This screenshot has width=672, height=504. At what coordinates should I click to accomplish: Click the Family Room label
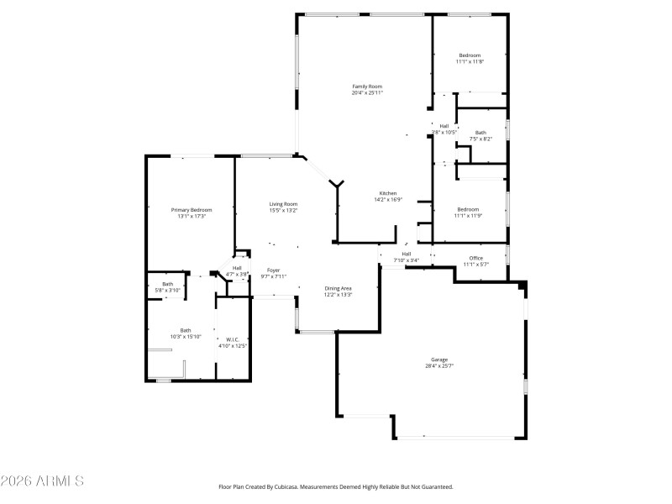[367, 86]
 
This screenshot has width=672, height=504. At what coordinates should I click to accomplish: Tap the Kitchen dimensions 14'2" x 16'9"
[388, 200]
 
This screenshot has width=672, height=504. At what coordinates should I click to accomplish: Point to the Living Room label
[283, 203]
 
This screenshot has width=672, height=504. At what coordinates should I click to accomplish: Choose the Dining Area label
[339, 288]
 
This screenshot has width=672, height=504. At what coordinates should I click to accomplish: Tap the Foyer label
[273, 270]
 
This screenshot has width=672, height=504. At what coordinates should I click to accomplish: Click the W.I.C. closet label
[233, 339]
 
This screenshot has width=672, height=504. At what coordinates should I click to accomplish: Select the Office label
[476, 258]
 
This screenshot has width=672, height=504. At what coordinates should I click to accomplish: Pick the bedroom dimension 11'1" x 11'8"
[470, 61]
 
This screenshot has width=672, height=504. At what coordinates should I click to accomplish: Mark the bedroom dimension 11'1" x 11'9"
[468, 216]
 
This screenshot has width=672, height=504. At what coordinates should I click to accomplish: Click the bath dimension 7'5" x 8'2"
[480, 139]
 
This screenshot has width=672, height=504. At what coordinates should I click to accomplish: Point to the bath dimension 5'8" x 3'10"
[168, 291]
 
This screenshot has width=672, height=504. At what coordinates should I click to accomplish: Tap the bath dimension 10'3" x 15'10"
[186, 337]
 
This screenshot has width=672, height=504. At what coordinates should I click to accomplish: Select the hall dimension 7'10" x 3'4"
[407, 260]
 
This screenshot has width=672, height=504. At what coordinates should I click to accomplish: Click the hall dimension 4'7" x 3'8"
[238, 274]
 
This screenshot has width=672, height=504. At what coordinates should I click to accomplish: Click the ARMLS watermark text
[42, 482]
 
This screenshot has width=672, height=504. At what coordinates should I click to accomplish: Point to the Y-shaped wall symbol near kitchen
[337, 184]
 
